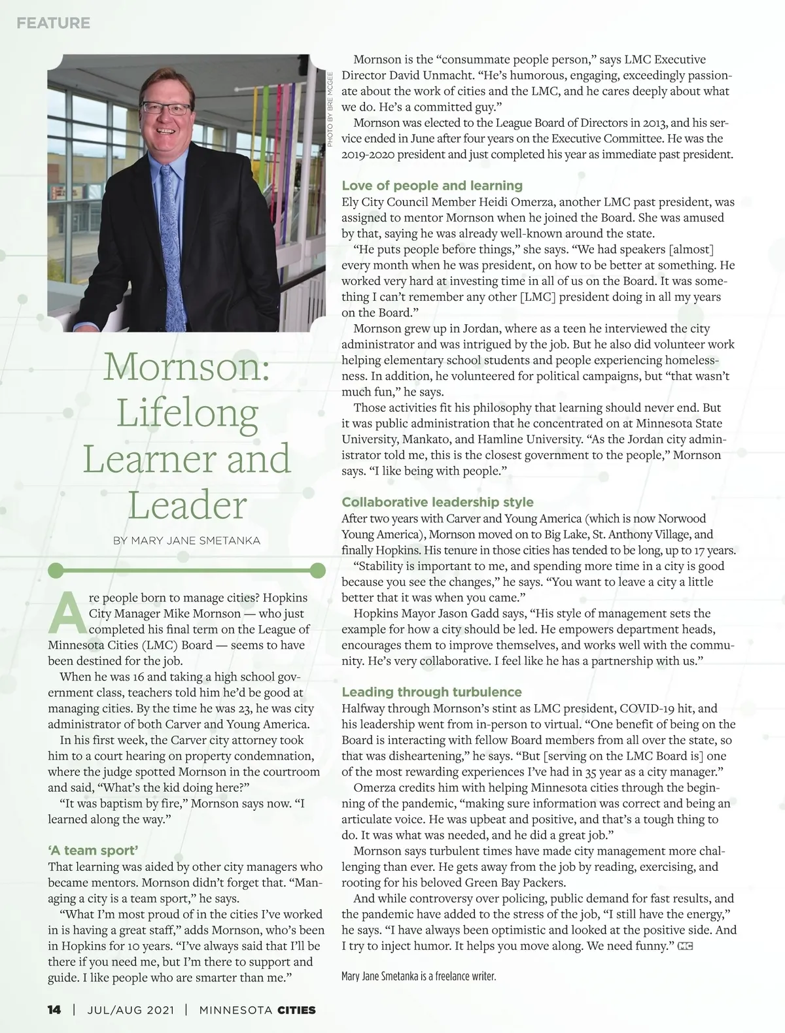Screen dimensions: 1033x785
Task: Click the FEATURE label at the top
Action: click(x=53, y=23)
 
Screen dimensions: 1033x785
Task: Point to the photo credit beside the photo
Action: click(x=330, y=108)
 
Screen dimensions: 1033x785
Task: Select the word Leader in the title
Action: click(x=187, y=505)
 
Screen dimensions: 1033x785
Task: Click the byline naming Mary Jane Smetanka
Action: click(x=186, y=541)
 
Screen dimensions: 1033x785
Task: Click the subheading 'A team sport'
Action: click(x=93, y=851)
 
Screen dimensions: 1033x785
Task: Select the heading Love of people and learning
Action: click(x=432, y=186)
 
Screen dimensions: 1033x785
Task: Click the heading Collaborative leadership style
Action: click(x=437, y=502)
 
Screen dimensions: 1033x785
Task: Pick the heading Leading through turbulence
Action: click(x=431, y=692)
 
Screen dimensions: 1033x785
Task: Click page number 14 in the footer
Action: click(x=54, y=1010)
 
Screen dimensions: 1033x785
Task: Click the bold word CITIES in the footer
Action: click(x=296, y=1010)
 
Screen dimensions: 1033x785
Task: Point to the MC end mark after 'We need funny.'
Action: click(x=686, y=945)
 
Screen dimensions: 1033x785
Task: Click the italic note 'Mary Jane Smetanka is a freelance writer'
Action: click(x=419, y=977)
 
